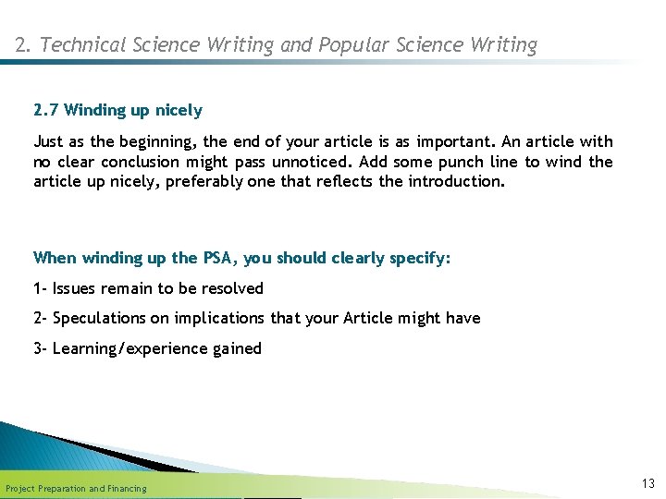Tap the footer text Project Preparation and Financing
pos(76,488)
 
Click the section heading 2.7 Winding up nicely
pos(117,111)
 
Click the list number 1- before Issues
pos(41,288)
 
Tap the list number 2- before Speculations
pos(41,318)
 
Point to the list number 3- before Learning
pos(41,348)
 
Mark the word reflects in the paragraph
pos(344,181)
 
